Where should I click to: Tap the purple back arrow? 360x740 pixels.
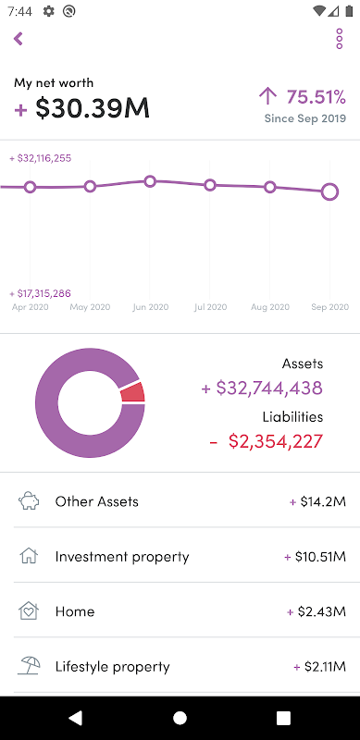[19, 39]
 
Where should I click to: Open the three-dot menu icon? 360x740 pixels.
[340, 39]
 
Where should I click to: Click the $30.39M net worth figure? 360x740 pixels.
[93, 108]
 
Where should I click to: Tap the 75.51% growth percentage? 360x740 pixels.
[317, 97]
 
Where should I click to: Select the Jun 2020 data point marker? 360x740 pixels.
[150, 181]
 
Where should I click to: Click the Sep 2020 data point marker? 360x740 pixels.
[329, 192]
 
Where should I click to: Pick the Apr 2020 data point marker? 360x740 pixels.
[31, 188]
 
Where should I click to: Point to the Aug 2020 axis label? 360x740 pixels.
[269, 307]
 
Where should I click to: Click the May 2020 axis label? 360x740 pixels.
[90, 307]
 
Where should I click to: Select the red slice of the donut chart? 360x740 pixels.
[132, 392]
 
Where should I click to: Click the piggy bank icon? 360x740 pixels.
[29, 501]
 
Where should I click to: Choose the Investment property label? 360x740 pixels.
[122, 557]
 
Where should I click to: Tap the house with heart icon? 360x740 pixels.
[29, 611]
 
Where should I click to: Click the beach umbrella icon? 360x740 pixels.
[29, 666]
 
